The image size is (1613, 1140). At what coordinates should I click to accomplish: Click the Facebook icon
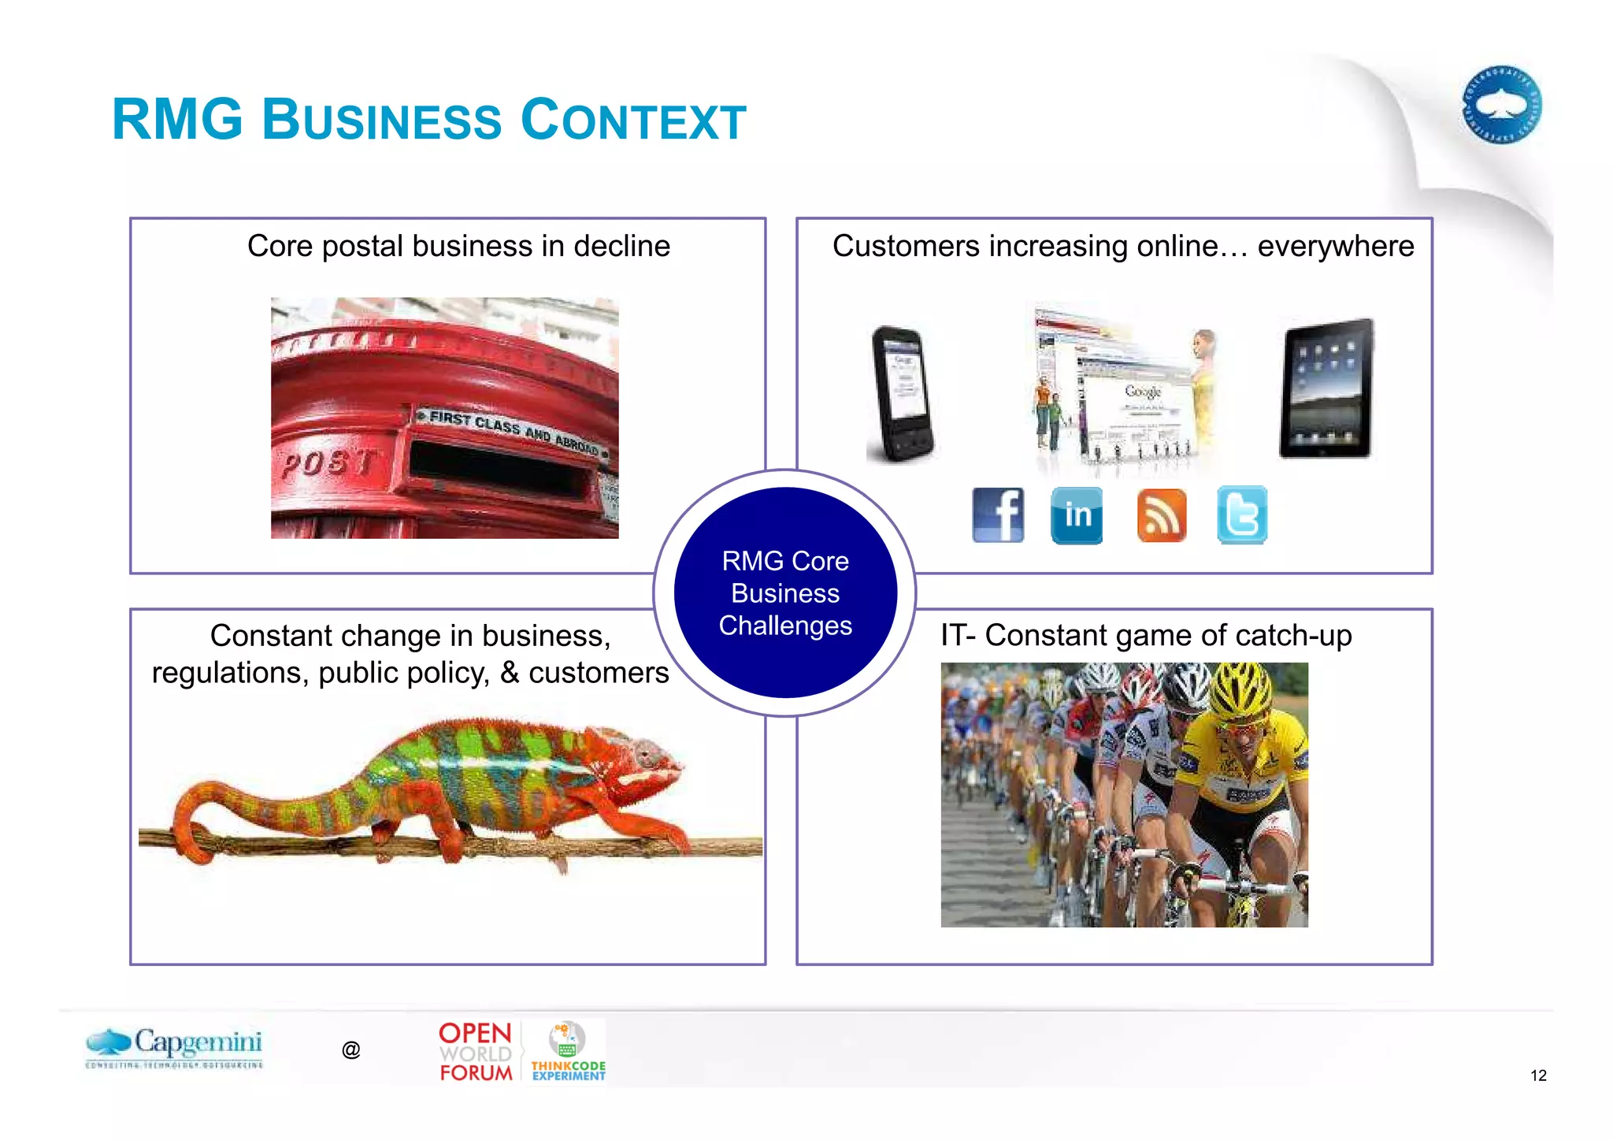[998, 514]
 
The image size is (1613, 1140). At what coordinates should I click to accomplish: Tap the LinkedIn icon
[1077, 514]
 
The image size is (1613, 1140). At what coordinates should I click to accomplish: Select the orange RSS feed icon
[1161, 515]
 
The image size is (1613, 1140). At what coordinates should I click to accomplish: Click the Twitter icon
[1242, 514]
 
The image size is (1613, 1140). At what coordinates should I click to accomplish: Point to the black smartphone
[902, 394]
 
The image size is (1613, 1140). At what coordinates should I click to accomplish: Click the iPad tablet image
[1326, 389]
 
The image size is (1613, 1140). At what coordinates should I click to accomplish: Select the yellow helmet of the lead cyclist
[1240, 689]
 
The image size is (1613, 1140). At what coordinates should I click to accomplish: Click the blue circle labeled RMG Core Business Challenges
[785, 592]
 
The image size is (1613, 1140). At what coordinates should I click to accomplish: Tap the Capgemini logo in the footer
[175, 1046]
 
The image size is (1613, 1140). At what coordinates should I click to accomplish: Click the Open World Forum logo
[476, 1052]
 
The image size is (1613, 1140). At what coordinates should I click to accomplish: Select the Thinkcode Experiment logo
[568, 1052]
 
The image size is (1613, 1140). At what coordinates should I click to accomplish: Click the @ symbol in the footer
[351, 1049]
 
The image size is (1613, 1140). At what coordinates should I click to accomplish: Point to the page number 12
[1538, 1075]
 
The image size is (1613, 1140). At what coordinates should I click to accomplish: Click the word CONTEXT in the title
[633, 121]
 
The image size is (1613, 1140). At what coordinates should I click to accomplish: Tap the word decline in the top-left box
[621, 247]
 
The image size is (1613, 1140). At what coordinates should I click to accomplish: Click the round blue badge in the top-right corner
[1501, 105]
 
